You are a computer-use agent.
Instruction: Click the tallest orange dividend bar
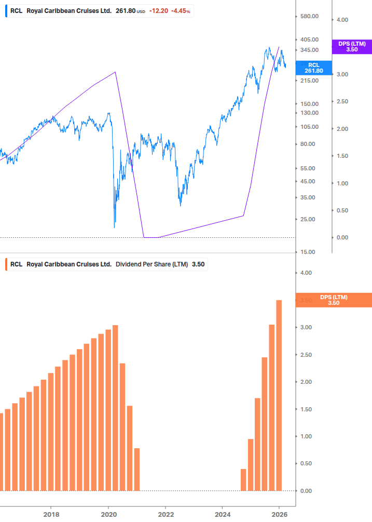pos(279,395)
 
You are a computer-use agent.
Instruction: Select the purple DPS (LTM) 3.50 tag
pos(352,47)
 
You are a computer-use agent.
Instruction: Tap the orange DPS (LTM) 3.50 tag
pos(334,300)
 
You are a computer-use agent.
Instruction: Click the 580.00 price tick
pos(309,16)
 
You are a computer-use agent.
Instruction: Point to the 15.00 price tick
pos(308,252)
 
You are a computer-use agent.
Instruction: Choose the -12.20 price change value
pos(158,10)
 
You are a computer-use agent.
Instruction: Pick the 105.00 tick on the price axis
pos(309,127)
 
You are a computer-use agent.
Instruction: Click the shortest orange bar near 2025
pos(243,479)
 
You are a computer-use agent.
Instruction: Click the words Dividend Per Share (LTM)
pos(151,264)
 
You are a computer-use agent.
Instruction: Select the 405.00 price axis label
pos(309,39)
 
